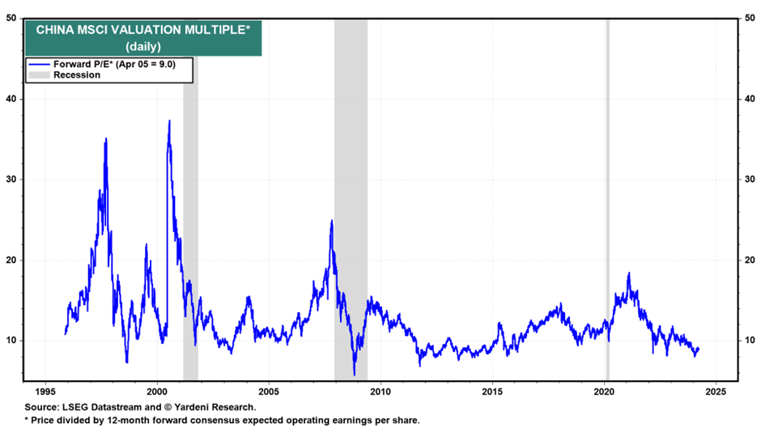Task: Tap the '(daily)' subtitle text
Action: click(x=142, y=47)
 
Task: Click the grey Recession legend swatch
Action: click(x=39, y=75)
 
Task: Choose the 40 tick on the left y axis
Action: click(x=13, y=99)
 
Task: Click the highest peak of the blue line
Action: click(x=169, y=121)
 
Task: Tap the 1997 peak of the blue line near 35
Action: click(x=105, y=139)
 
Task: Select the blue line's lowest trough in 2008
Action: click(x=354, y=375)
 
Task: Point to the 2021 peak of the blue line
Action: click(x=628, y=273)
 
